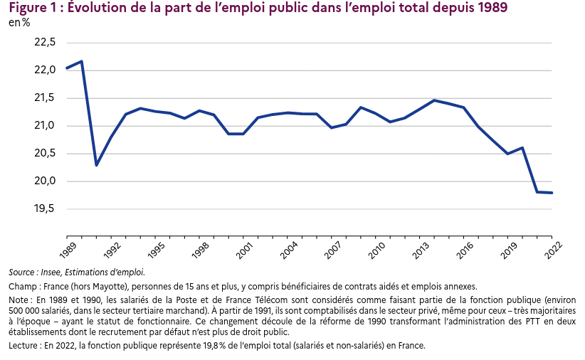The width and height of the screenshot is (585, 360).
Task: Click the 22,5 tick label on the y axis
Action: (x=45, y=43)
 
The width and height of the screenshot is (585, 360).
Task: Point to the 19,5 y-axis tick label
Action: (x=45, y=209)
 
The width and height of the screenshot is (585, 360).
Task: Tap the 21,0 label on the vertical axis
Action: (x=45, y=126)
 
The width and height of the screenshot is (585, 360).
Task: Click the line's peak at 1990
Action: (x=81, y=61)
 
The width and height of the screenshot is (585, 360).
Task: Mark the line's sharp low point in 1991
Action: (x=96, y=165)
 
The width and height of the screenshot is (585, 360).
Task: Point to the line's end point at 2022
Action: (x=552, y=193)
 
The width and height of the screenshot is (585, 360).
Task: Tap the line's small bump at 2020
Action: (x=522, y=148)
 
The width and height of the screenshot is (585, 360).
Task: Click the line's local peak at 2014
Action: (x=434, y=100)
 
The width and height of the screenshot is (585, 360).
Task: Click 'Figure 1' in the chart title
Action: (x=31, y=9)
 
